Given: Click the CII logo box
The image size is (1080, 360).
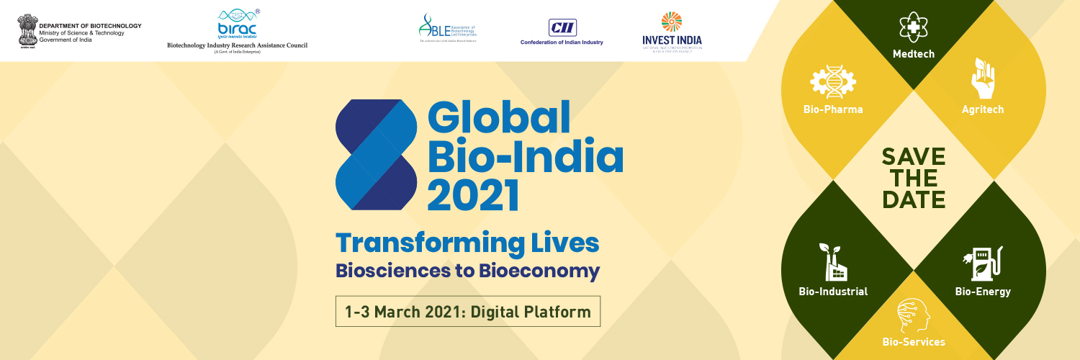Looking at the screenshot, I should click(562, 26).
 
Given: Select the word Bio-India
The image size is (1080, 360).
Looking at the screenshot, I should click(526, 156).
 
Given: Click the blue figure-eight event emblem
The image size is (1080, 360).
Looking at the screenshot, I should click(377, 154).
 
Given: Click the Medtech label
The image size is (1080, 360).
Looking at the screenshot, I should click(914, 54).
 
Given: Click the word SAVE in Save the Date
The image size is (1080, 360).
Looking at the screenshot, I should click(914, 156).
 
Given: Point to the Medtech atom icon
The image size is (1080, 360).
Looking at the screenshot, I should click(914, 28).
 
